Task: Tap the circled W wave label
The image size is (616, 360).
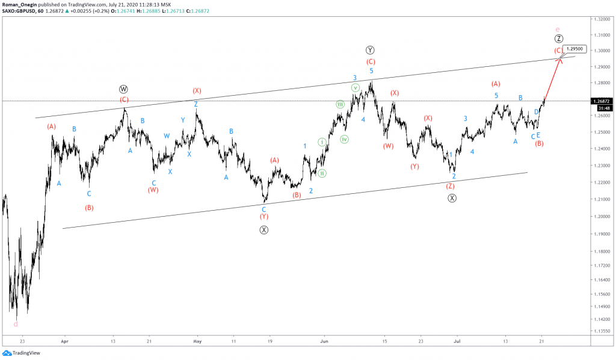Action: tap(123, 89)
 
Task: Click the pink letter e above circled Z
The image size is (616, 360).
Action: tap(558, 29)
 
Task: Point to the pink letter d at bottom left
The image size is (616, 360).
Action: tap(15, 324)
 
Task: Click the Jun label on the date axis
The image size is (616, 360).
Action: tap(324, 340)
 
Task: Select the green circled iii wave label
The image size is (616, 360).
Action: tap(340, 104)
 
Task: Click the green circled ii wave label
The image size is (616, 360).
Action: tap(322, 173)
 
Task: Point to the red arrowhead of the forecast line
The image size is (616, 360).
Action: tap(560, 58)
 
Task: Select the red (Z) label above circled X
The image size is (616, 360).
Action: tap(450, 186)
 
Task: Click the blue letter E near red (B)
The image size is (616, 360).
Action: tap(538, 135)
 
